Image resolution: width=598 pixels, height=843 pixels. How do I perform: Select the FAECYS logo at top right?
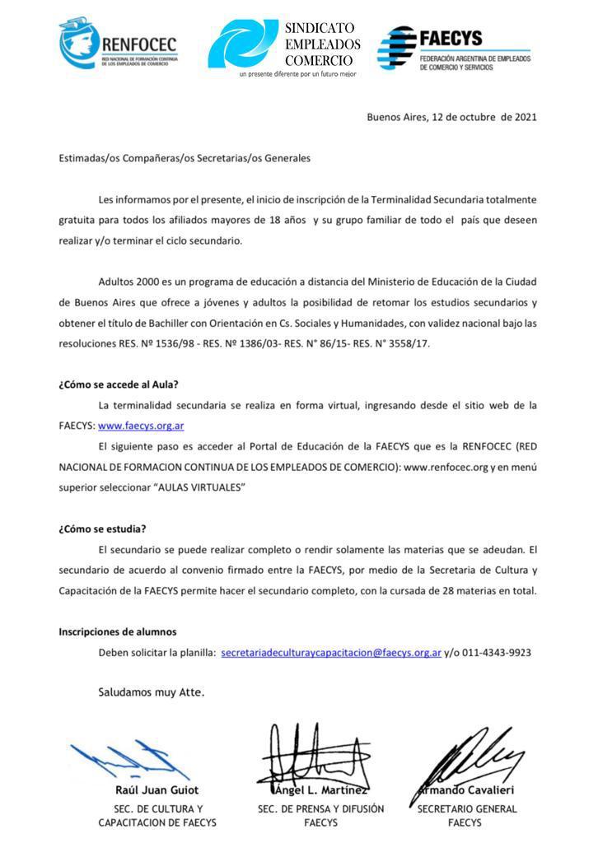point(454,50)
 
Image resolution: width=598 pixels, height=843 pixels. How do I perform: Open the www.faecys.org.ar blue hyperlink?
point(141,426)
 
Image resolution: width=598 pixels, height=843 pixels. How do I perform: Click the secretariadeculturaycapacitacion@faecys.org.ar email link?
point(331,652)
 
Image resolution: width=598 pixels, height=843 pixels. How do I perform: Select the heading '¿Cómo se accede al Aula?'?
point(119,384)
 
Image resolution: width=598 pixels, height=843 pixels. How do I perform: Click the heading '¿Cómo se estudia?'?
point(102,529)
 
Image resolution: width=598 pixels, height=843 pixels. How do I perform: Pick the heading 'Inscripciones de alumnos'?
point(117,631)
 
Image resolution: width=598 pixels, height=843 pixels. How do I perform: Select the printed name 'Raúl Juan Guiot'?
point(157,790)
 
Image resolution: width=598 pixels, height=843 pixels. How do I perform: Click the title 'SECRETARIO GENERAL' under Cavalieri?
point(467,808)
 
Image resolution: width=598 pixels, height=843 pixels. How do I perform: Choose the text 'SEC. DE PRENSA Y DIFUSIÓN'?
point(320,808)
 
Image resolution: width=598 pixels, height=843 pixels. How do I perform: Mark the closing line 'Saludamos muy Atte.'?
point(152,692)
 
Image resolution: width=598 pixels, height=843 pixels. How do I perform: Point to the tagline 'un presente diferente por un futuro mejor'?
point(297,74)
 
